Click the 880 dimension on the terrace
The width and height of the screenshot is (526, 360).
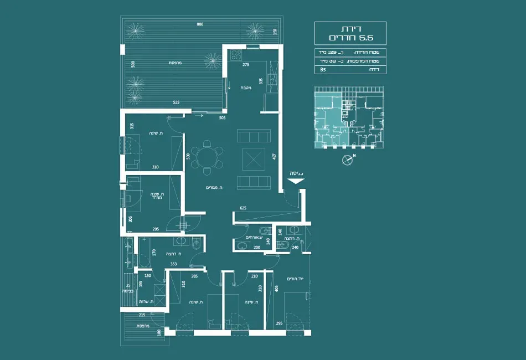[x=199, y=24]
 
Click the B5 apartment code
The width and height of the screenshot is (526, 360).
[x=323, y=70]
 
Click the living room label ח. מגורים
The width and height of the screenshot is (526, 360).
[x=214, y=189]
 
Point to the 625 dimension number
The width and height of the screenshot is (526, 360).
[x=244, y=208]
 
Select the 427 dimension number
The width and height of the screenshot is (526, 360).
[x=274, y=157]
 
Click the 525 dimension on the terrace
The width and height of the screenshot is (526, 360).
[x=176, y=102]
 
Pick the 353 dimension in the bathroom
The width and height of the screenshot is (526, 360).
[x=173, y=264]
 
